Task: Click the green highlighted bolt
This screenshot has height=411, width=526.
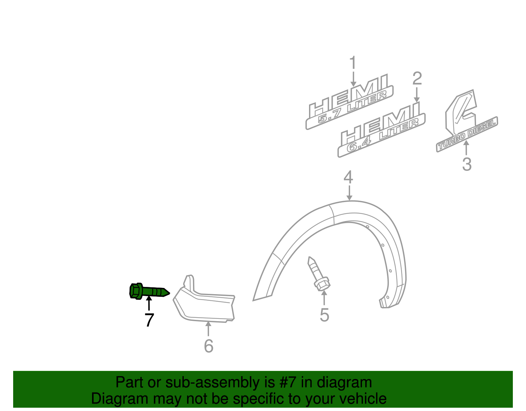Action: [149, 291]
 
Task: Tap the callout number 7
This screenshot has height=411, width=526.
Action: [149, 320]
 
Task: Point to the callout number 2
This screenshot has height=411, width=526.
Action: [417, 79]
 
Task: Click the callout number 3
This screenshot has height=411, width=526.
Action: [466, 164]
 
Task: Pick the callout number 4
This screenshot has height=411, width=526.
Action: [348, 178]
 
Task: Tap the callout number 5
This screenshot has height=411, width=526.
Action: [324, 315]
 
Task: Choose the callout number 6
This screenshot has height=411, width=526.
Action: [208, 346]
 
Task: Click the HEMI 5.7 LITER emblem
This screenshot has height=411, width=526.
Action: [350, 102]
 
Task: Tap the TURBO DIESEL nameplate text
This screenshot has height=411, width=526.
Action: [467, 135]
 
